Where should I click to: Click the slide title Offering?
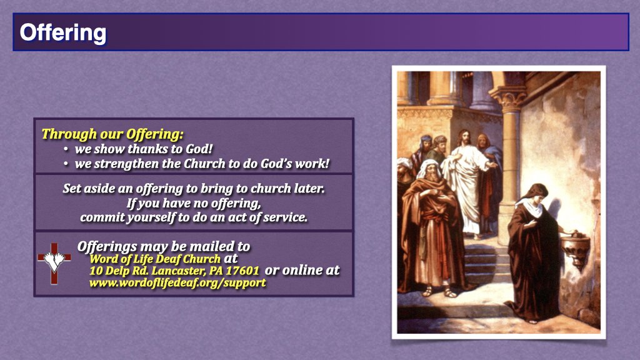click(x=62, y=32)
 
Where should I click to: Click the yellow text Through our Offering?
click(x=112, y=134)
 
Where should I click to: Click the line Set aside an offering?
click(x=194, y=188)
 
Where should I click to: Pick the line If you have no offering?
click(x=193, y=203)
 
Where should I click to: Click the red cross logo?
click(x=54, y=261)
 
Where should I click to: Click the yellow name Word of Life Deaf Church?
click(x=155, y=259)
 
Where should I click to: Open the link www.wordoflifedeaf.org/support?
click(x=177, y=282)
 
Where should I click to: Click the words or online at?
click(x=302, y=270)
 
